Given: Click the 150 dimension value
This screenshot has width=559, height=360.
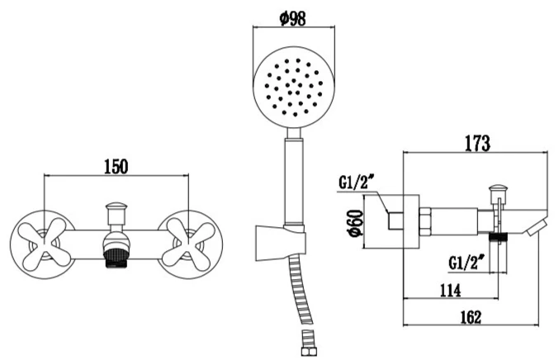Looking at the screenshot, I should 116,166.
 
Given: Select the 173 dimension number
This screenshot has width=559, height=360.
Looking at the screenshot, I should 476,143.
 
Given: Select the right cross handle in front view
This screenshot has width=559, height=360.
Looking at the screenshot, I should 188,239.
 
